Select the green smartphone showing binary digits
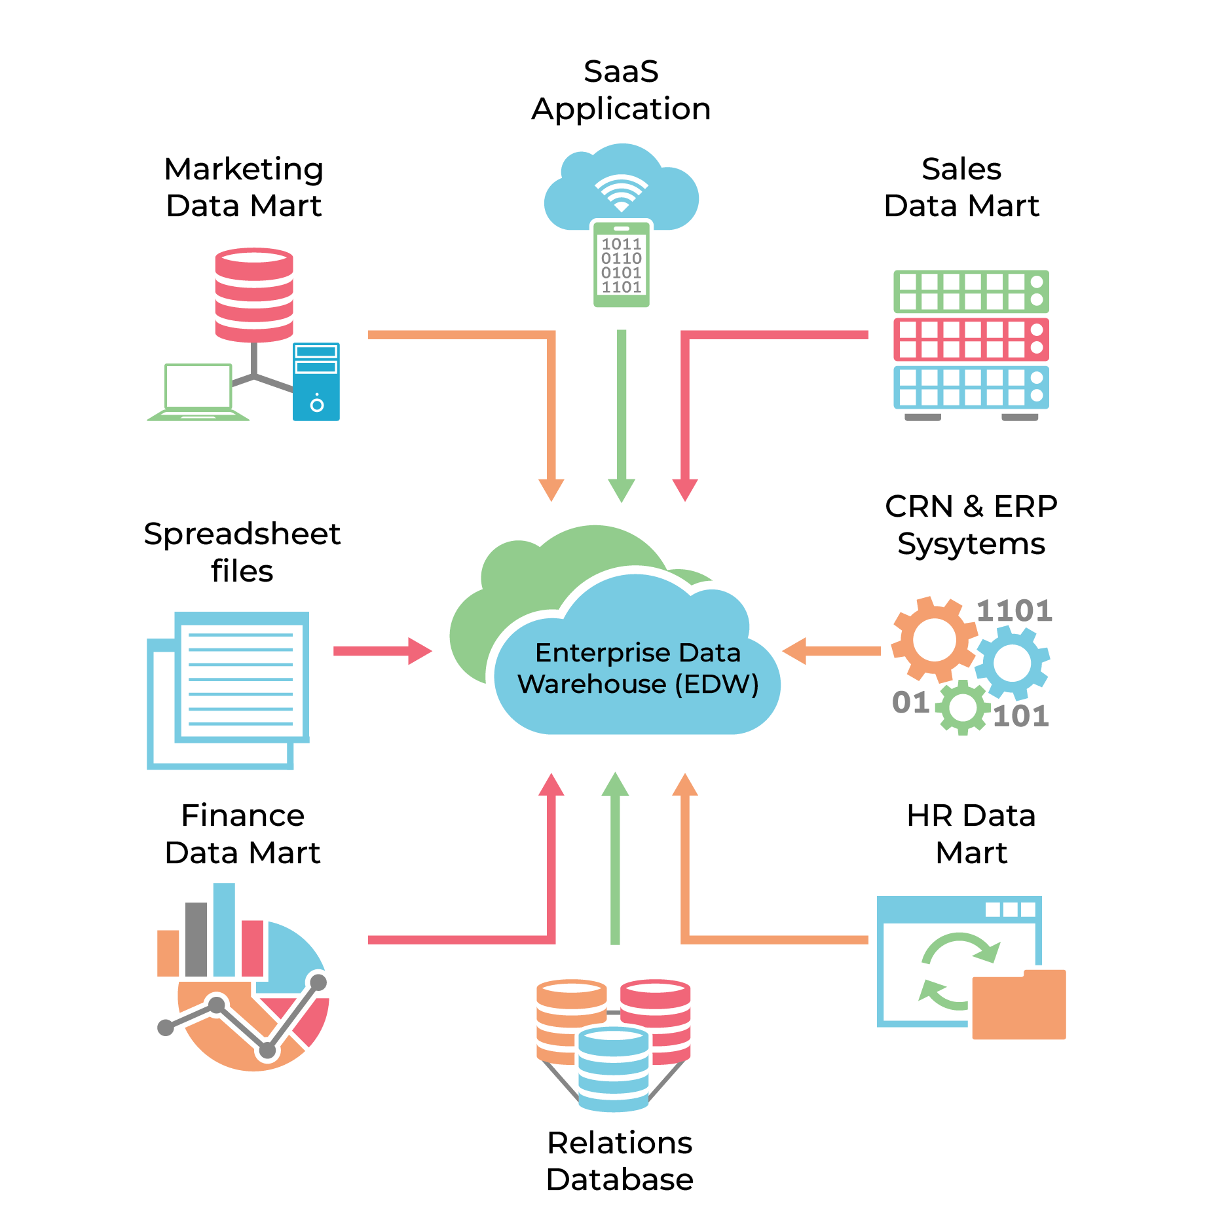(x=621, y=264)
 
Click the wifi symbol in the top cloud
(x=621, y=192)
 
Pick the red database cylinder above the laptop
(x=254, y=294)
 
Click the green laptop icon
(x=198, y=392)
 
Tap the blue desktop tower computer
(x=316, y=382)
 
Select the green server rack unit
(x=971, y=291)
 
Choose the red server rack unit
(x=971, y=339)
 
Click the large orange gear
(x=933, y=639)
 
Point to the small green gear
(x=962, y=707)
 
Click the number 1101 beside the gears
(x=1014, y=611)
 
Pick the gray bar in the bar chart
(x=196, y=940)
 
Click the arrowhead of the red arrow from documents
(x=420, y=651)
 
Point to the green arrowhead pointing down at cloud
(x=622, y=490)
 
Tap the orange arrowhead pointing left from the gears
(x=794, y=651)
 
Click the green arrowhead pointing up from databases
(x=615, y=784)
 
